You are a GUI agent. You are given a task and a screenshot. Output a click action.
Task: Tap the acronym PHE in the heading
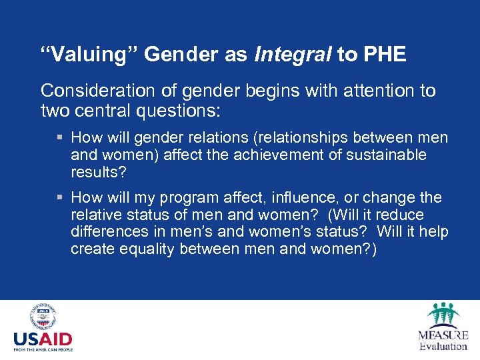(385, 55)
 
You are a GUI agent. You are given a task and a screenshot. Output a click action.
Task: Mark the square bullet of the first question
(61, 138)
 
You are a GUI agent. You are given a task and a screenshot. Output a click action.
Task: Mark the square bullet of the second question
(61, 198)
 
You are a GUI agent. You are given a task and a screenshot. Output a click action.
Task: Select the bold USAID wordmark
(43, 339)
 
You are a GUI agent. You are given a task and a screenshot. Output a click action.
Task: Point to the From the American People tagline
(43, 349)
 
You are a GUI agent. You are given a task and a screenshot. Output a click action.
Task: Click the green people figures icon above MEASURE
(443, 314)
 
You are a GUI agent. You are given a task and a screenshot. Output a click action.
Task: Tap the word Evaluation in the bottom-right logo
(443, 346)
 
